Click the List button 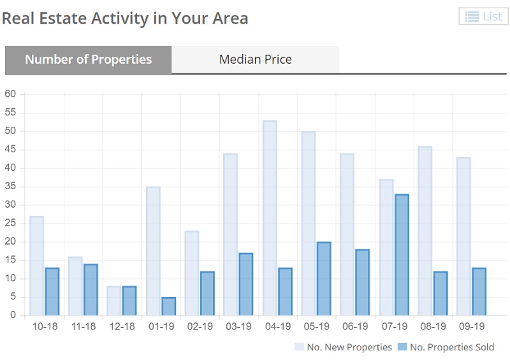(483, 17)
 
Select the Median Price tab (255, 60)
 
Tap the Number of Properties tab (88, 60)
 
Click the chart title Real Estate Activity (125, 18)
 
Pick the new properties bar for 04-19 (270, 218)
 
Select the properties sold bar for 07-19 (402, 255)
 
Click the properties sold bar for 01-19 (168, 306)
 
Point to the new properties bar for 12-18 (114, 301)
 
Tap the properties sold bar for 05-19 (324, 279)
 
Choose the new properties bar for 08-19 (425, 231)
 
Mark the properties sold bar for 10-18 (52, 292)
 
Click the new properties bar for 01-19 (153, 251)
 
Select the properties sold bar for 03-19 (246, 284)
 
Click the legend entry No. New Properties (343, 347)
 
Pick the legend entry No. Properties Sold (446, 347)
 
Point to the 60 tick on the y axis (10, 94)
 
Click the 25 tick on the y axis (10, 224)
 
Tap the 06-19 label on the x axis (355, 326)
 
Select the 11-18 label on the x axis (83, 326)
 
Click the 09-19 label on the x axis (472, 326)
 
